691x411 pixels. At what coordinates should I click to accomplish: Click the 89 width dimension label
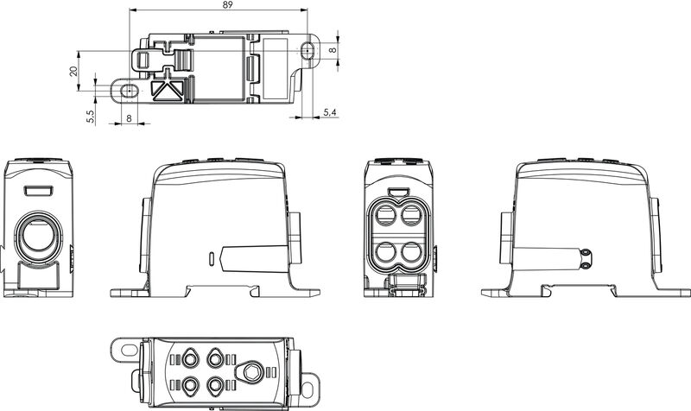point(225,5)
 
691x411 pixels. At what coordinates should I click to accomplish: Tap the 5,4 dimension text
point(329,112)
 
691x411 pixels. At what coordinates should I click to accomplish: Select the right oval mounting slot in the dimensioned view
point(308,51)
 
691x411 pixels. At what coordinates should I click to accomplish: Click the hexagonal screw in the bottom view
point(251,371)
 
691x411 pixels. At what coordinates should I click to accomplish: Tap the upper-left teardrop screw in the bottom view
point(190,358)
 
